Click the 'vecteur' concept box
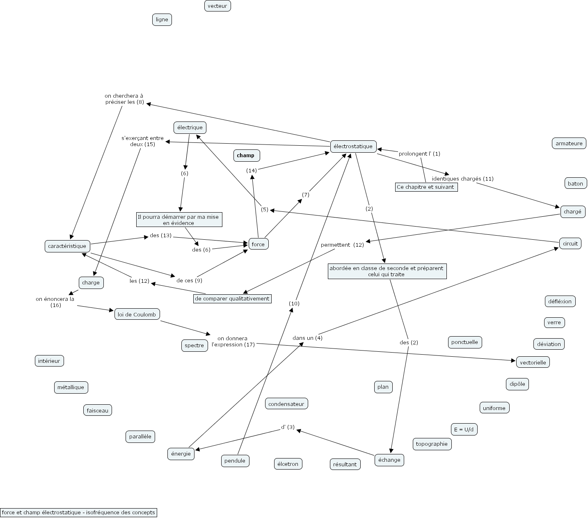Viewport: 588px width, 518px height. [217, 6]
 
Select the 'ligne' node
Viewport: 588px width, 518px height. [162, 20]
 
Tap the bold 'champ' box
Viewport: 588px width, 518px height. [246, 156]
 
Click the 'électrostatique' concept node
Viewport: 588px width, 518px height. [353, 146]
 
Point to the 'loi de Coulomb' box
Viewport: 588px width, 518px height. [137, 314]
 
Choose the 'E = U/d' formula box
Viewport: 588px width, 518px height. [464, 429]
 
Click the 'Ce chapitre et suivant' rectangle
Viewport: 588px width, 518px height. [426, 187]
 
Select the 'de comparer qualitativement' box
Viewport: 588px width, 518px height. [232, 299]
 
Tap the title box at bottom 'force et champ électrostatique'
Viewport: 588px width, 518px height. [78, 512]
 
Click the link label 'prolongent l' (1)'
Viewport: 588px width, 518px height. [419, 154]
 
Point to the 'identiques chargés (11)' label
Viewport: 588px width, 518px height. [462, 179]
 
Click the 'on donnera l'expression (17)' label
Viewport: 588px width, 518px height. [233, 342]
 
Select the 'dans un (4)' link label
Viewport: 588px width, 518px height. [307, 338]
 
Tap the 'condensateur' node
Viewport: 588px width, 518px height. [286, 404]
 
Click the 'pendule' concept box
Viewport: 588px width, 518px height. [235, 461]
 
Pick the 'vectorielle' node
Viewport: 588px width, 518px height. [533, 362]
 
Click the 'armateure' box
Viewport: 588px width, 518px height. [569, 143]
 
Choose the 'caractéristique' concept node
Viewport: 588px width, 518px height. [67, 246]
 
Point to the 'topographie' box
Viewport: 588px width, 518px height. [432, 444]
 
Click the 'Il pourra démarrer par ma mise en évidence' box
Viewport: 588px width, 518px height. [179, 220]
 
